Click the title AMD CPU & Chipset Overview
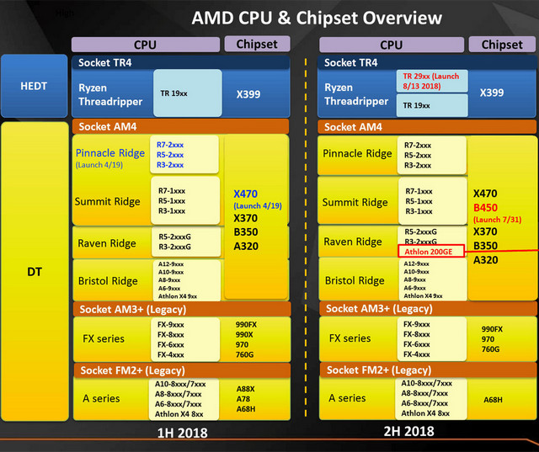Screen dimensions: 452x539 click(x=315, y=17)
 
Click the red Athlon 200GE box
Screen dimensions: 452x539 click(x=430, y=251)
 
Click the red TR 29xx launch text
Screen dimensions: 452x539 click(x=430, y=81)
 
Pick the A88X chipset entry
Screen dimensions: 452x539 click(x=247, y=389)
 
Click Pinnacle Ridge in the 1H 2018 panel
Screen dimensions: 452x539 click(x=109, y=153)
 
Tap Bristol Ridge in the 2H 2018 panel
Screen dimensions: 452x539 click(x=355, y=280)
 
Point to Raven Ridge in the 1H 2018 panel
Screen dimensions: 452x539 click(x=107, y=243)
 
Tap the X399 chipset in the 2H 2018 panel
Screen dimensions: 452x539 click(x=498, y=93)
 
